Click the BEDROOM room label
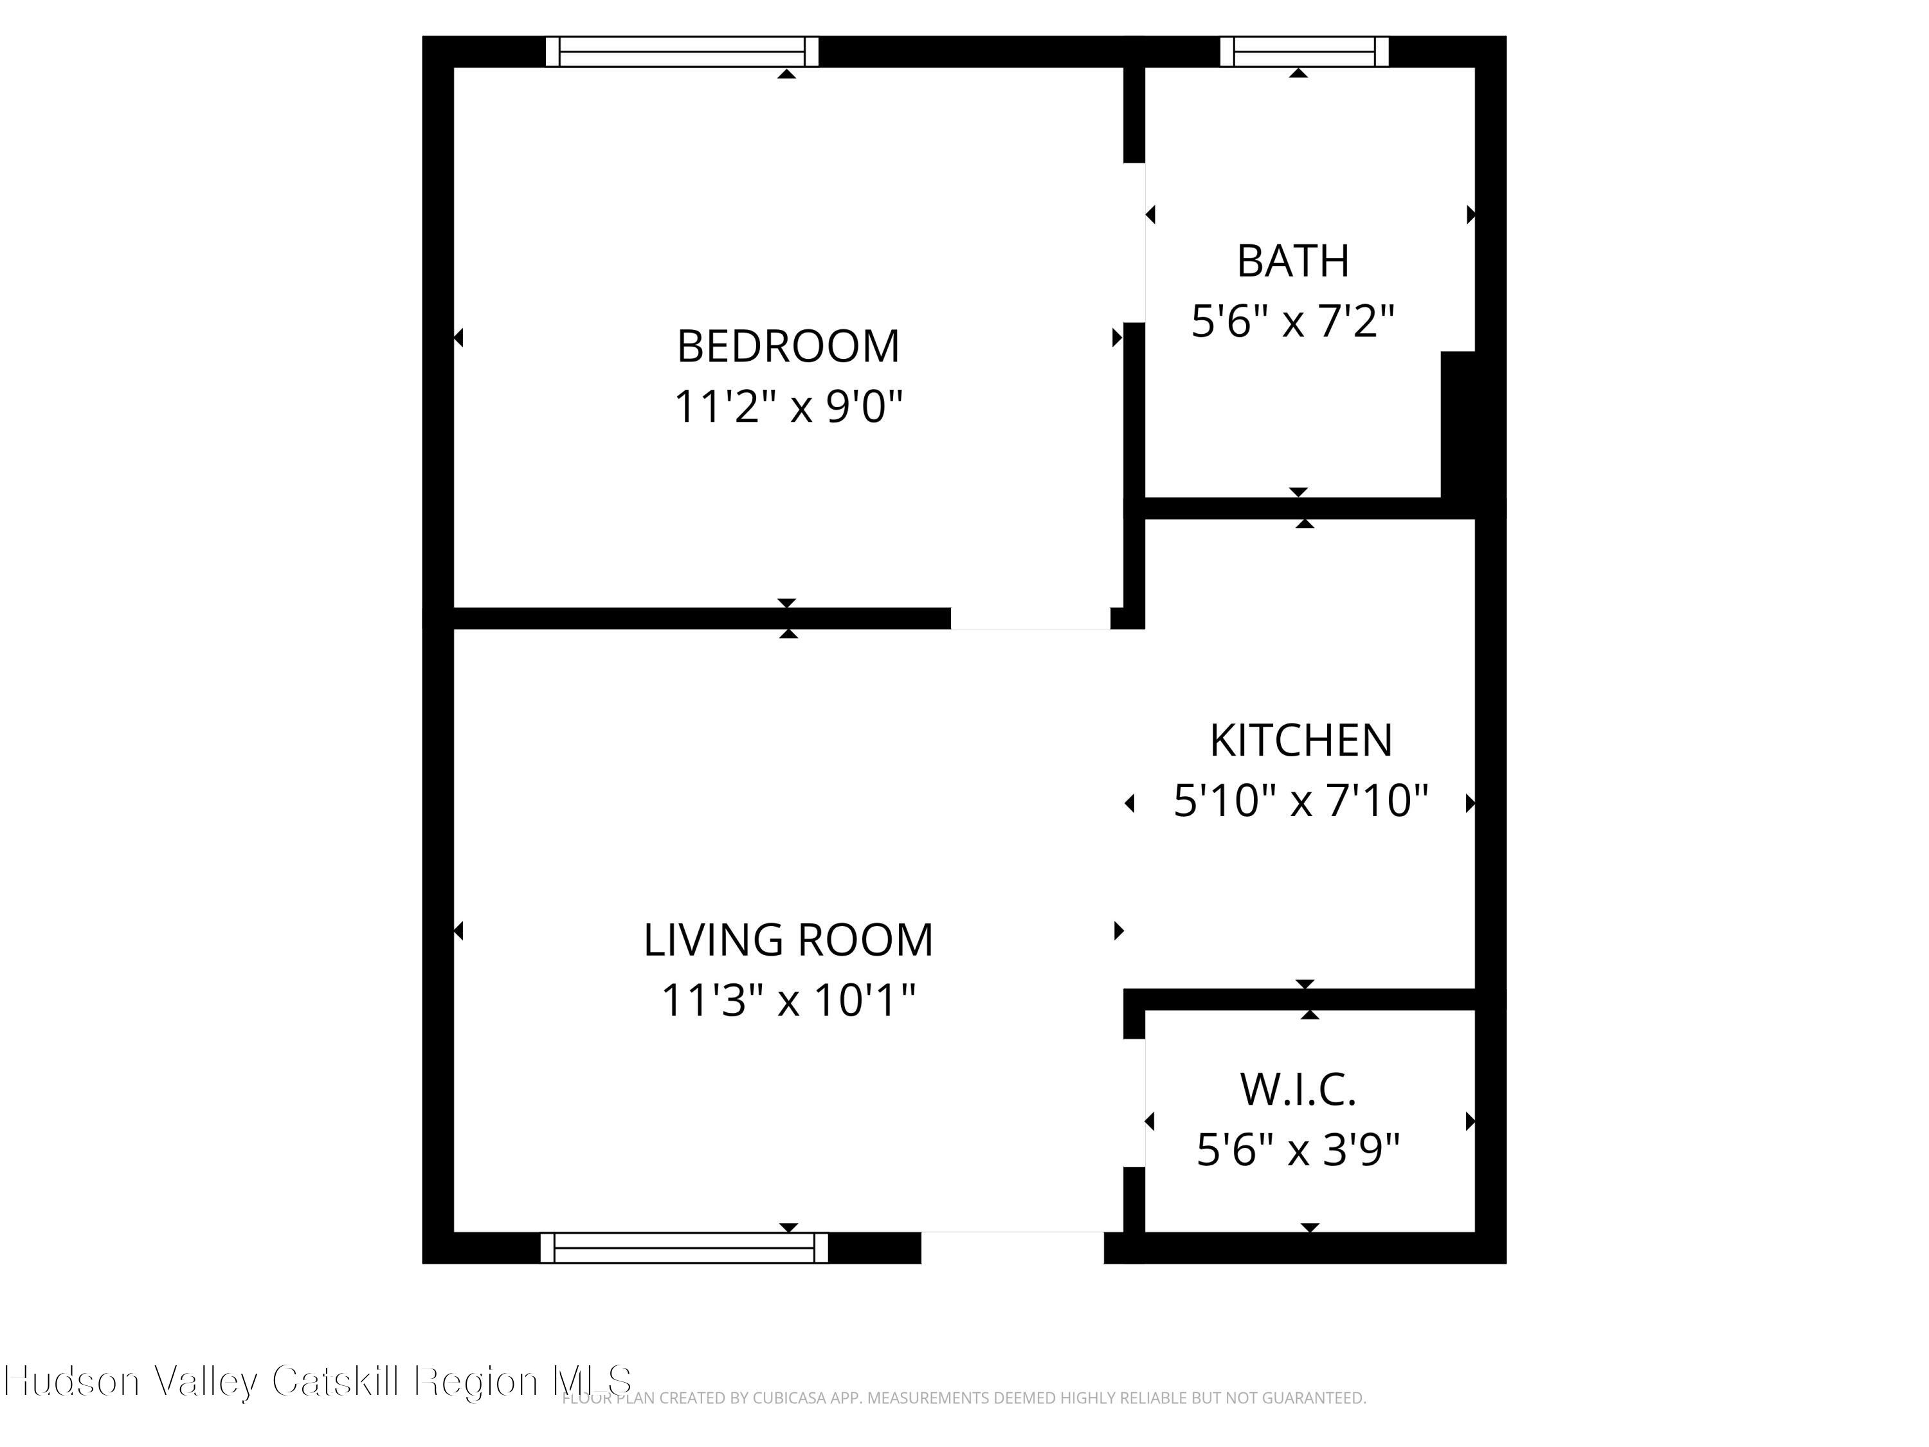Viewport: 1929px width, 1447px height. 788,346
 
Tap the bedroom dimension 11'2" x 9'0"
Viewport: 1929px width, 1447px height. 788,406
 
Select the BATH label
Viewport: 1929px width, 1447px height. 1292,261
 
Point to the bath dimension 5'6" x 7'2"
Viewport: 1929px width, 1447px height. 1292,321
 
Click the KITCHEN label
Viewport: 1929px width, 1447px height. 1300,740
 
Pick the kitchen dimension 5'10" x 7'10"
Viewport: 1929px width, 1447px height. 1300,801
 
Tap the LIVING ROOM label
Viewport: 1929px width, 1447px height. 788,940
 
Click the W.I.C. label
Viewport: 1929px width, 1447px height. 1298,1089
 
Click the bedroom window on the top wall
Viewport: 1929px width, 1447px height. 682,51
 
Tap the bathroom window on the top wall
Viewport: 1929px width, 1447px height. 1304,51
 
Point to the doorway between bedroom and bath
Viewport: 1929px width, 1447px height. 1134,242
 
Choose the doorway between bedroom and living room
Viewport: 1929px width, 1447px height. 1030,619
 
